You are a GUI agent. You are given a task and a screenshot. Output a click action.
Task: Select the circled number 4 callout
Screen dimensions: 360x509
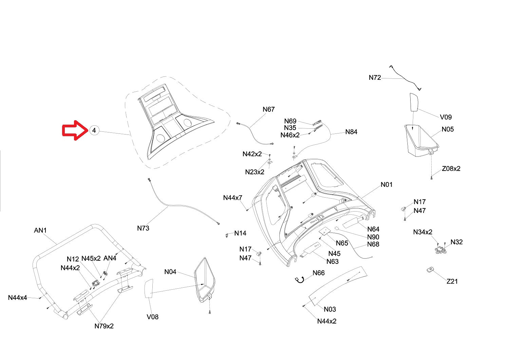(x=94, y=130)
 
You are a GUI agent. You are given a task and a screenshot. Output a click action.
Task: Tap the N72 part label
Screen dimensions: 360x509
(x=375, y=78)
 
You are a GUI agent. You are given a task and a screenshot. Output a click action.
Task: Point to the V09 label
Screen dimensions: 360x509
(x=446, y=117)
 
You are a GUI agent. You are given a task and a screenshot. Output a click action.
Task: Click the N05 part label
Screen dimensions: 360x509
(x=448, y=129)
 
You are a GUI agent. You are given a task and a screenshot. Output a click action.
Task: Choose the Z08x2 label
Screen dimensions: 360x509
(x=451, y=169)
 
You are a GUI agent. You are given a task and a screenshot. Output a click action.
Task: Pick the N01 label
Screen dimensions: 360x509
(x=386, y=185)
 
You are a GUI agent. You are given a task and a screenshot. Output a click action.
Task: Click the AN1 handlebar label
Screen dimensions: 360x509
(x=40, y=231)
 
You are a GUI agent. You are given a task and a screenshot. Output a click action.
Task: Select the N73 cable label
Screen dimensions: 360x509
(x=143, y=228)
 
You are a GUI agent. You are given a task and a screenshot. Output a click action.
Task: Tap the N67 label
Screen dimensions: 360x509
(x=268, y=109)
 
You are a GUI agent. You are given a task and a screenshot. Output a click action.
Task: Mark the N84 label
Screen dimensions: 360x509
(x=351, y=132)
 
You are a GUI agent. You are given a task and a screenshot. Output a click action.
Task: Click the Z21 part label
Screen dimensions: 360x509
(x=452, y=282)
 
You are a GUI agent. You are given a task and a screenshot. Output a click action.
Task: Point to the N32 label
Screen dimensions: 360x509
(x=456, y=242)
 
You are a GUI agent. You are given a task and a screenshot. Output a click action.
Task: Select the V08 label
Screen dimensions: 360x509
(x=152, y=317)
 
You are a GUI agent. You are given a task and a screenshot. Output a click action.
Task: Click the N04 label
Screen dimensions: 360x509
(x=170, y=272)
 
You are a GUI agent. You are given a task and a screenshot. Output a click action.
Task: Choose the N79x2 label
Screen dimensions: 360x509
(x=104, y=326)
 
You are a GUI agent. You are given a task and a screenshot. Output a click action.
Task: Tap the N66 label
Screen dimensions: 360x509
(x=318, y=273)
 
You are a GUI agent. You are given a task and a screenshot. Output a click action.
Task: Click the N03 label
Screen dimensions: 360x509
(x=329, y=309)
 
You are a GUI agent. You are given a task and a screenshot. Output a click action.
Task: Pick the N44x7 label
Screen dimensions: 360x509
(x=232, y=198)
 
